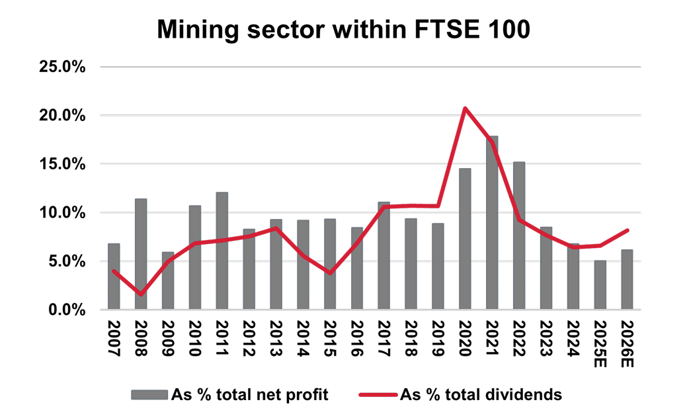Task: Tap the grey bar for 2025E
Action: (x=600, y=285)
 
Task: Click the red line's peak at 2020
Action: (x=465, y=108)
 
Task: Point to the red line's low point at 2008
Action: (x=141, y=294)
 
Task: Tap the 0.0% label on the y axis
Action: (x=70, y=310)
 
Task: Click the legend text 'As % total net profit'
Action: (x=250, y=395)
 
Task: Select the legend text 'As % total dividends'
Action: (x=481, y=395)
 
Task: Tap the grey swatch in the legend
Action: (x=149, y=395)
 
